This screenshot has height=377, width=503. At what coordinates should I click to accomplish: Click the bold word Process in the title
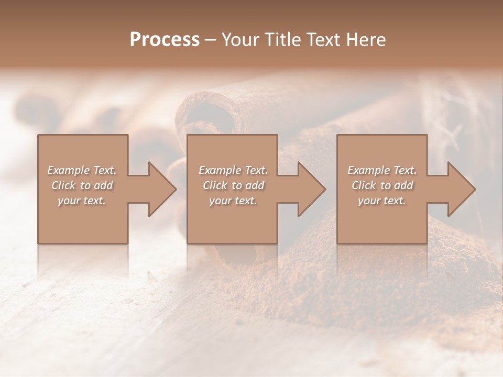(x=165, y=40)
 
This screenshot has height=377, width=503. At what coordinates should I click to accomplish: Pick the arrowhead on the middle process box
(x=312, y=189)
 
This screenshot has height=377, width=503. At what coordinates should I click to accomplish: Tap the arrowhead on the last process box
(x=462, y=189)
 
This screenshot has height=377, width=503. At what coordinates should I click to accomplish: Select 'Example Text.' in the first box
(x=82, y=170)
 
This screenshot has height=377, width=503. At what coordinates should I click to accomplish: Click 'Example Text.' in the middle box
(x=233, y=170)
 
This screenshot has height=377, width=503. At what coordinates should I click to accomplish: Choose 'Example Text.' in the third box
(x=382, y=170)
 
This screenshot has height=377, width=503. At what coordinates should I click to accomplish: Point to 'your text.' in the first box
(x=82, y=201)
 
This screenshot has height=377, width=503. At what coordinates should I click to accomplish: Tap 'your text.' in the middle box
(x=233, y=201)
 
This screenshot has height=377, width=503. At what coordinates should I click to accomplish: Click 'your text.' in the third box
(x=382, y=201)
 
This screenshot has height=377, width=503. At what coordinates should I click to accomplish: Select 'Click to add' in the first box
(x=82, y=185)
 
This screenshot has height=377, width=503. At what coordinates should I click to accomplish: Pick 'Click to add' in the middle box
(x=233, y=185)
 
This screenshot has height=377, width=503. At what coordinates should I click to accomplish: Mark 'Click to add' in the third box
(x=382, y=185)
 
